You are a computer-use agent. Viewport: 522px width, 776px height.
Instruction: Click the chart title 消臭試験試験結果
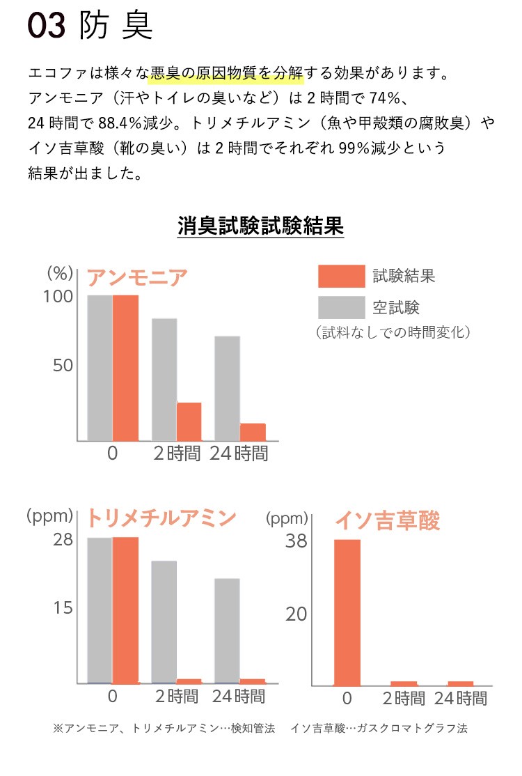pyautogui.click(x=260, y=226)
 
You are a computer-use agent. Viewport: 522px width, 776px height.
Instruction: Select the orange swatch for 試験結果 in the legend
pyautogui.click(x=341, y=277)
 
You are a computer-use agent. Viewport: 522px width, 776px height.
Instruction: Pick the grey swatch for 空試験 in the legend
pyautogui.click(x=341, y=307)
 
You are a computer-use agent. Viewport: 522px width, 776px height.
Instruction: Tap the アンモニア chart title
pyautogui.click(x=137, y=278)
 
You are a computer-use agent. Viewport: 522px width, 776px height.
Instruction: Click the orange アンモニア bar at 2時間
pyautogui.click(x=189, y=421)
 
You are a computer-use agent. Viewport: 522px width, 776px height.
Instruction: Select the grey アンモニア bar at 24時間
pyautogui.click(x=227, y=388)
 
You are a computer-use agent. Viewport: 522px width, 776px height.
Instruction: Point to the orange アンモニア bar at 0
pyautogui.click(x=125, y=368)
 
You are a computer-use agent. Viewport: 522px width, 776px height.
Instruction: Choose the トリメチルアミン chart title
pyautogui.click(x=161, y=518)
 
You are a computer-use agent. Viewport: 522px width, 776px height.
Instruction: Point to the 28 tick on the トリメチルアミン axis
pyautogui.click(x=63, y=540)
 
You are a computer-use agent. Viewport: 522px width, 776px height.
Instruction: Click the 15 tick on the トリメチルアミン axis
pyautogui.click(x=63, y=608)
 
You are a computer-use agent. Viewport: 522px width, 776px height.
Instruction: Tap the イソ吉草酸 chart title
pyautogui.click(x=388, y=520)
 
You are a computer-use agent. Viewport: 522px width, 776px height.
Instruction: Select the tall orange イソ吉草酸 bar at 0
pyautogui.click(x=347, y=612)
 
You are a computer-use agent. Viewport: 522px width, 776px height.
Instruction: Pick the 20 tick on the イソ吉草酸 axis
pyautogui.click(x=296, y=614)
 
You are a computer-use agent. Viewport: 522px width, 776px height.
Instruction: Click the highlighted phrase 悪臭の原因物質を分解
pyautogui.click(x=227, y=72)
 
